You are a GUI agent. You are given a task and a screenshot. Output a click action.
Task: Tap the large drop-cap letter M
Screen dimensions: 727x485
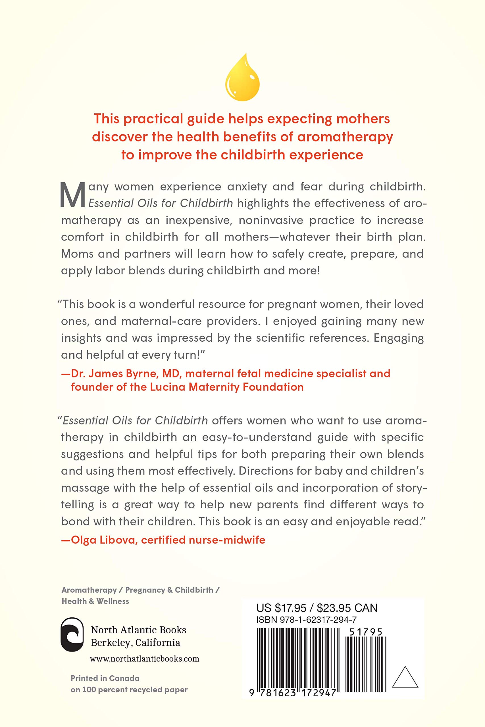pyautogui.click(x=72, y=195)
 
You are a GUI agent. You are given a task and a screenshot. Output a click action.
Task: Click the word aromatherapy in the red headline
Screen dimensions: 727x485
pyautogui.click(x=345, y=137)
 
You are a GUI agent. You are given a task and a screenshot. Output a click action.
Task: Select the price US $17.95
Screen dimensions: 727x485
pyautogui.click(x=281, y=608)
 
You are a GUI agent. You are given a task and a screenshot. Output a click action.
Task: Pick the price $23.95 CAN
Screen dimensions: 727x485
pyautogui.click(x=347, y=608)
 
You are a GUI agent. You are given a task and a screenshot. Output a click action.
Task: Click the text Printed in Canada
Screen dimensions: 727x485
pyautogui.click(x=105, y=678)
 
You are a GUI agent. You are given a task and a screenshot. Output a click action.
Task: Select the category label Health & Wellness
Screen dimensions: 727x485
pyautogui.click(x=95, y=601)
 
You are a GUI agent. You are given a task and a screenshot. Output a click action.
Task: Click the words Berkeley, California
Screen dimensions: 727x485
pyautogui.click(x=136, y=643)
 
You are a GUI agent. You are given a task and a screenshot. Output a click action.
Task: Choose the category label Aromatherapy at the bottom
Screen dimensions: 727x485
pyautogui.click(x=89, y=590)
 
